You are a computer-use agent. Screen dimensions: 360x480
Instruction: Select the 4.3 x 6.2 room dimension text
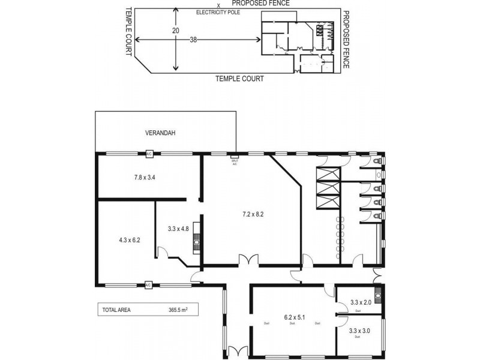tap(129, 240)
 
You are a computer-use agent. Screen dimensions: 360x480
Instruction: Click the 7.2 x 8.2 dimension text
tap(253, 214)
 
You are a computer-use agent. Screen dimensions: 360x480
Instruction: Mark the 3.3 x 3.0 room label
tap(359, 330)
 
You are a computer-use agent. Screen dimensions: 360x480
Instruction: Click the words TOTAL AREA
tap(116, 310)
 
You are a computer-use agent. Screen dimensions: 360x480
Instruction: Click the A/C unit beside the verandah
tap(148, 154)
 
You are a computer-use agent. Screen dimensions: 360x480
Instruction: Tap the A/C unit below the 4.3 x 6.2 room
tap(148, 284)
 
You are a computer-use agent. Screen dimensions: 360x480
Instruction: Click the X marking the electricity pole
tap(202, 5)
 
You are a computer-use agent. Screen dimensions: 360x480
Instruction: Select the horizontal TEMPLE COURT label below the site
tap(239, 79)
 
